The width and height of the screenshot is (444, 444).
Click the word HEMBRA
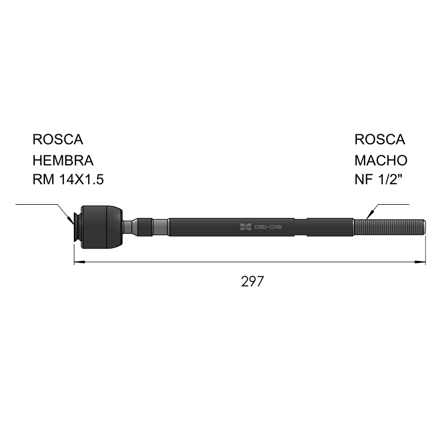point(63,160)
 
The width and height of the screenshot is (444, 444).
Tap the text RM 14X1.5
point(68,179)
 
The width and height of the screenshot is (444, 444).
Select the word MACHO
point(381,160)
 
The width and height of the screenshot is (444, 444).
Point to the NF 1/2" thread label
point(379,179)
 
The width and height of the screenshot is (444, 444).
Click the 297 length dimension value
point(253,281)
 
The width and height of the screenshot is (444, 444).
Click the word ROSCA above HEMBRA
point(58,139)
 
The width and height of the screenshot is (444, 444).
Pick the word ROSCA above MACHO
point(380,139)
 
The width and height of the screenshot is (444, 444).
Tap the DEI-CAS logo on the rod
point(261,227)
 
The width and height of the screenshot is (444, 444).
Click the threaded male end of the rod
point(390,227)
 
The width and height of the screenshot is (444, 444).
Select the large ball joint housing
point(102,227)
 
